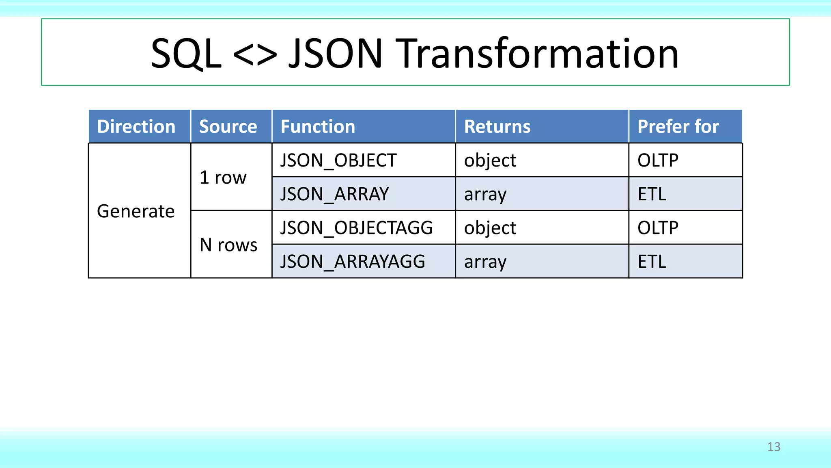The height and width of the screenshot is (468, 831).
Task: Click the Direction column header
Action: pos(136,127)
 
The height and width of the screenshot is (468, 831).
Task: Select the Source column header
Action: pos(228,127)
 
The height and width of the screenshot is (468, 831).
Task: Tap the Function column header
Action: pos(318,127)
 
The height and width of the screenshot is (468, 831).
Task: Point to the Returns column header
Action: pos(497,127)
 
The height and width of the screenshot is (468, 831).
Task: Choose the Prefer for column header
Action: pos(678,127)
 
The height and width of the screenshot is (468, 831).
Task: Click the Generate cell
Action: pos(136,211)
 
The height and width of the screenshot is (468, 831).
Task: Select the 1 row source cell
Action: pos(223,178)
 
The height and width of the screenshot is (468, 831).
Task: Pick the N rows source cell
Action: pos(228,245)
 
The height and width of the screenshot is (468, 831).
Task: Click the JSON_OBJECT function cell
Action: pos(338,160)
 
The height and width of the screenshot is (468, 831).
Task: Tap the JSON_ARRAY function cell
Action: pos(335,194)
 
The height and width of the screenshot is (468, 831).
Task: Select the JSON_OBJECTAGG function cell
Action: pos(357,228)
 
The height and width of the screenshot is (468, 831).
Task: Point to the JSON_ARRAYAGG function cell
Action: pos(353,262)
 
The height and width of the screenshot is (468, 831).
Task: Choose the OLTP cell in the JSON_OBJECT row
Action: pos(658,160)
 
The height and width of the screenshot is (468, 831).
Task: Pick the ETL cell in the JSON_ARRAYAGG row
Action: pos(652,262)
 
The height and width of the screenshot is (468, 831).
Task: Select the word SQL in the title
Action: pos(186,54)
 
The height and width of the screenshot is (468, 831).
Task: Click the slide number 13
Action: pos(774,447)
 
